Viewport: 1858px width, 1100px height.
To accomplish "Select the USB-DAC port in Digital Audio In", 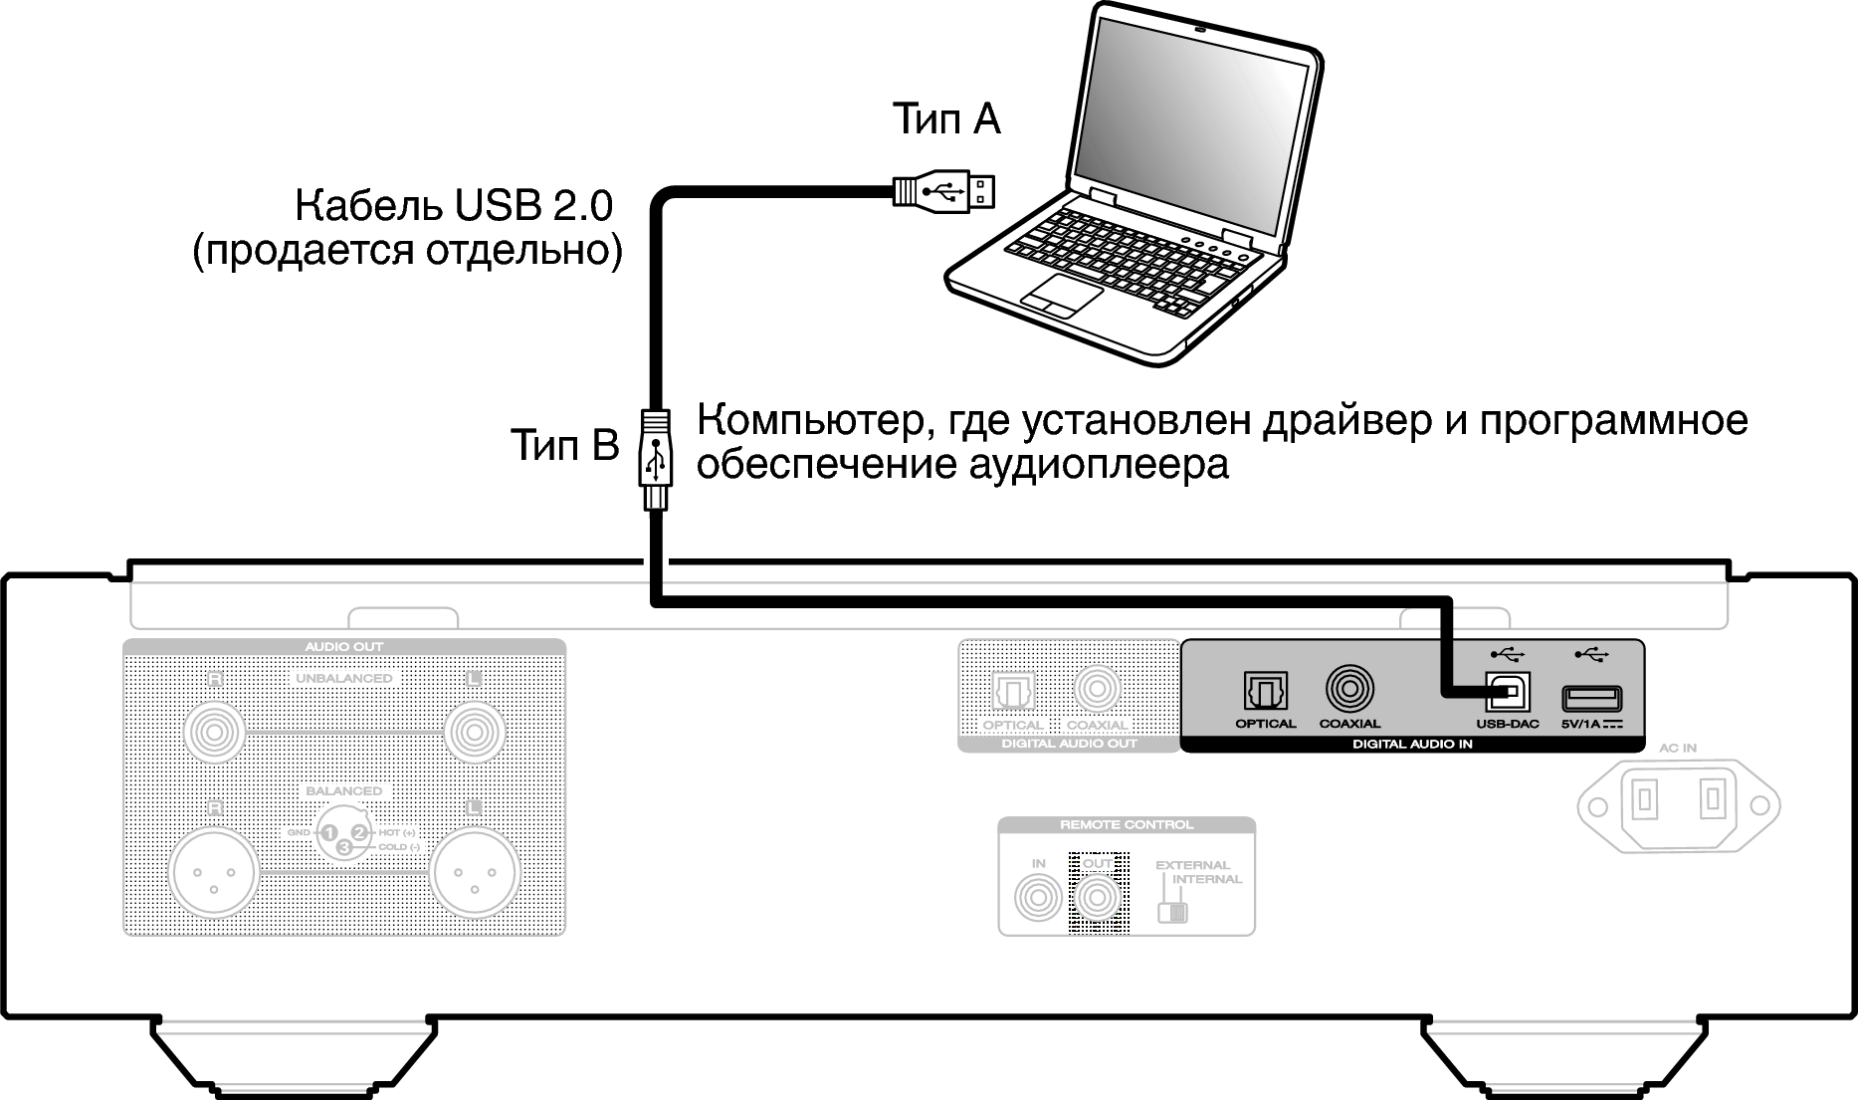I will coord(1508,691).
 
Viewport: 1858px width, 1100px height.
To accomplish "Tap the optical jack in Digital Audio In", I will coord(1265,690).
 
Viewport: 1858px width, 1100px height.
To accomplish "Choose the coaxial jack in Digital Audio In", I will coord(1349,689).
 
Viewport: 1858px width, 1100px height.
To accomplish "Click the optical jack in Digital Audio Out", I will coord(1013,690).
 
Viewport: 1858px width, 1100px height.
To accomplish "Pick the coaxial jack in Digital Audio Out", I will coord(1097,689).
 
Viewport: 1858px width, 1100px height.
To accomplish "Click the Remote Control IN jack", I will coord(1038,899).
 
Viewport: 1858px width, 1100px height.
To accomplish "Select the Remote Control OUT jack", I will coord(1097,899).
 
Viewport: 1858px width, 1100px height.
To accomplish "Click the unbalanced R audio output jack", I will coord(214,733).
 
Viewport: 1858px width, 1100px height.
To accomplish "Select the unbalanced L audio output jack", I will coord(475,733).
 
